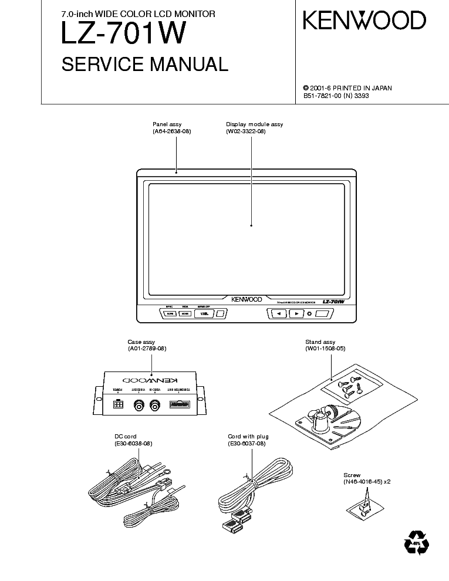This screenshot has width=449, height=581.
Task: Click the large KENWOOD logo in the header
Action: (364, 21)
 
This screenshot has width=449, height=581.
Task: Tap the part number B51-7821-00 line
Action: (336, 96)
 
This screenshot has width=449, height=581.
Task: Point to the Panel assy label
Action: (167, 124)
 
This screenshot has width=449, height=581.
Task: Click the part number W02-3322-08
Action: (245, 131)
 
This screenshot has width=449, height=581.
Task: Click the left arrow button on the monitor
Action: (278, 314)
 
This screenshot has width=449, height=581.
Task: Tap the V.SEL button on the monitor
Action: (204, 314)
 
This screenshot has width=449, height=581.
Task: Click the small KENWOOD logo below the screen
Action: (246, 299)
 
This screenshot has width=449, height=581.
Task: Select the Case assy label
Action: (141, 342)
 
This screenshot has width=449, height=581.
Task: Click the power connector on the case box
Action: (118, 404)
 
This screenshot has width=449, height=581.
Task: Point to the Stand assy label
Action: (320, 342)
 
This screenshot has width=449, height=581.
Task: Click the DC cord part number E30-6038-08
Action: (133, 444)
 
